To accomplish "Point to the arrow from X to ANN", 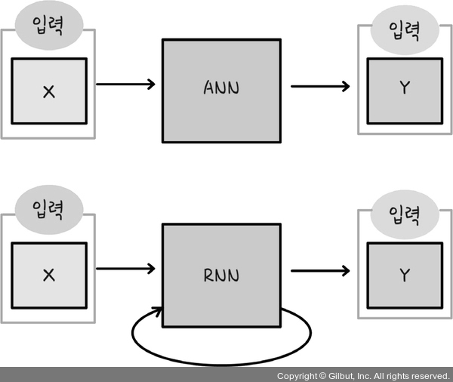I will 125,84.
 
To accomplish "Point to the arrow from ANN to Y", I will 320,86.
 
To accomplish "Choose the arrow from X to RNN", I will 125,268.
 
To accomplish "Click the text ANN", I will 221,88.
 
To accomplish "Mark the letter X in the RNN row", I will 49,276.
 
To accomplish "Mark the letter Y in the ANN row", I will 405,88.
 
